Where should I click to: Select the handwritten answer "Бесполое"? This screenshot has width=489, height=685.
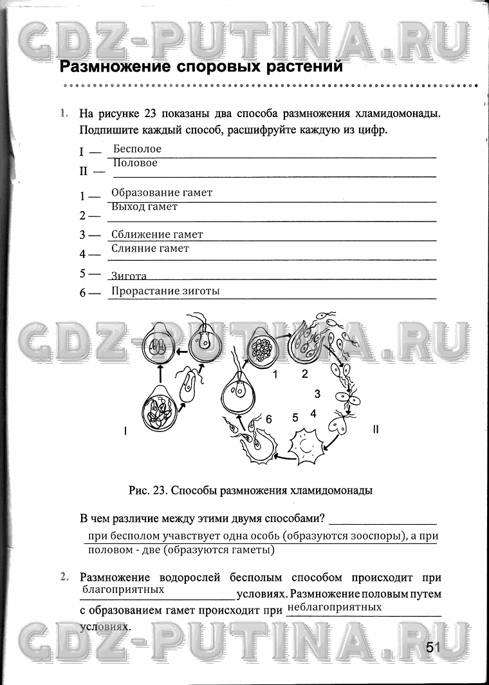[137, 149]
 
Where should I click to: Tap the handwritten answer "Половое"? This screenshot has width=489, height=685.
[135, 164]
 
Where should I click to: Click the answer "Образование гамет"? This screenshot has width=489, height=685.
[161, 192]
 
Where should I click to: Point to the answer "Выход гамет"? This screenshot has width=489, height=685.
[144, 207]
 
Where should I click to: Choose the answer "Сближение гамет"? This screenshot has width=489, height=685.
[157, 234]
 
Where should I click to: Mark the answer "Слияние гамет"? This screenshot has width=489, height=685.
[150, 249]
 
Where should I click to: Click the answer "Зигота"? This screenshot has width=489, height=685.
[129, 276]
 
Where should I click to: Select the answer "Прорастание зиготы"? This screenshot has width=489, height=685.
[165, 291]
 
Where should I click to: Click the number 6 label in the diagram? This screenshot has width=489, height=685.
[269, 419]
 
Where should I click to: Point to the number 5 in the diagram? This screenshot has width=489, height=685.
[295, 417]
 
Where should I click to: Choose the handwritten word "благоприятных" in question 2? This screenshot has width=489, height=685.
[123, 589]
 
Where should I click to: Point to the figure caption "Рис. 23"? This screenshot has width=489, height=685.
[148, 491]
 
